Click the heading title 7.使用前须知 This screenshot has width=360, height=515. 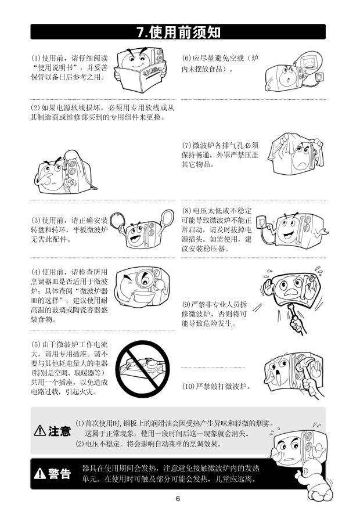pyautogui.click(x=178, y=32)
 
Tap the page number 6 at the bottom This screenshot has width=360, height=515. pyautogui.click(x=178, y=499)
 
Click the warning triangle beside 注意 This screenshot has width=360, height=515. pyautogui.click(x=39, y=430)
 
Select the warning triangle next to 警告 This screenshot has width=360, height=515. pyautogui.click(x=39, y=473)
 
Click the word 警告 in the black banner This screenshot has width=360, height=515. pyautogui.click(x=59, y=474)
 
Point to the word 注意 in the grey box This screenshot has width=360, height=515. pyautogui.click(x=59, y=431)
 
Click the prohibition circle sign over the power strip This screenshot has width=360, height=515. pyautogui.click(x=143, y=369)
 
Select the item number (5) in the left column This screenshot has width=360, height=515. pyautogui.click(x=36, y=344)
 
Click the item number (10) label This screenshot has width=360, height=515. pyautogui.click(x=188, y=386)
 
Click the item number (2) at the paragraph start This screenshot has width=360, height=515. pyautogui.click(x=35, y=108)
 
